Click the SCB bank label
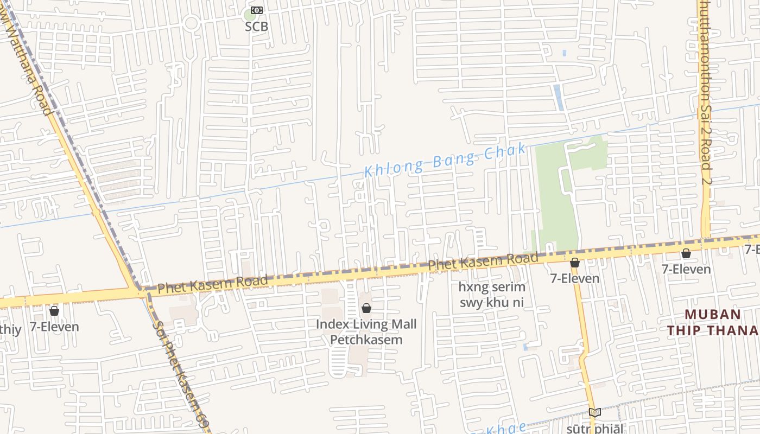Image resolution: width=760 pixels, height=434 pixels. click(256, 26)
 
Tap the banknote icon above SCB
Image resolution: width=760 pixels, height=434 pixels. click(256, 10)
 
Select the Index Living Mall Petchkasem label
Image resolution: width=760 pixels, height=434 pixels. click(366, 332)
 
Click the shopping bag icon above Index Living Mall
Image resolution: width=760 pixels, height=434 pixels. click(366, 308)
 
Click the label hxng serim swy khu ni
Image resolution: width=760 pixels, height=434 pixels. click(492, 295)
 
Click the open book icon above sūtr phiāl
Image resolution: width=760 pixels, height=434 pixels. click(594, 412)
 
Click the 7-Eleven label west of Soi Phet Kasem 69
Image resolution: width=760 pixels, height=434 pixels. click(54, 327)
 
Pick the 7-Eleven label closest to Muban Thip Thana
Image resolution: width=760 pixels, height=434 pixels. click(686, 269)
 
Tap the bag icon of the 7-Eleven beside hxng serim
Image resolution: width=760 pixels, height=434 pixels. click(575, 263)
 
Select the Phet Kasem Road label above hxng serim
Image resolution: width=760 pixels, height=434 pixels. click(483, 262)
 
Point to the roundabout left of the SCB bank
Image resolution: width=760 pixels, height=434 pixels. click(191, 23)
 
